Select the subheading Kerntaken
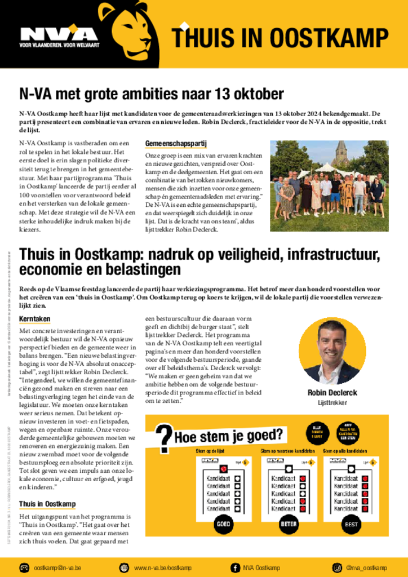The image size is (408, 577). pos(34,319)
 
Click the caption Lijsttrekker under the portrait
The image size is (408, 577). pos(332,403)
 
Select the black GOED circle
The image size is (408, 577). pos(224,524)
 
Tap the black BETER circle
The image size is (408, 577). pos(288,524)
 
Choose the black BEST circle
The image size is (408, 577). pos(350,524)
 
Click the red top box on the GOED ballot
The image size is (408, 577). pos(224,468)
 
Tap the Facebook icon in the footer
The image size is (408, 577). pos(234,567)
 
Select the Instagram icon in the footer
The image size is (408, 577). pos(337,567)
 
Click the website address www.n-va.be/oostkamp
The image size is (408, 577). pos(162,567)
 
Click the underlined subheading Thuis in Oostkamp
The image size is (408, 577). pos(47,504)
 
